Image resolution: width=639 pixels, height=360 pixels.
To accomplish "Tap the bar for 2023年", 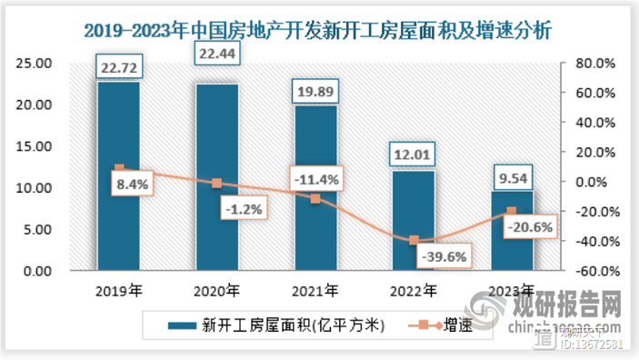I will pos(512,231).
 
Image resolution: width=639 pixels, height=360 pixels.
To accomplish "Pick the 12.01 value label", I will pos(414,155).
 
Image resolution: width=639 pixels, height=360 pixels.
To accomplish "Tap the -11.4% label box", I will pos(315,179).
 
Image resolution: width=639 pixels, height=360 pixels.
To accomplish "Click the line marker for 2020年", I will pos(217,184).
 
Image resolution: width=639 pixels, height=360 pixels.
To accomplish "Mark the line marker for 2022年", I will pos(414,241).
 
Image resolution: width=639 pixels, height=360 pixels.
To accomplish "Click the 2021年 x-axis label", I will pos(315,292).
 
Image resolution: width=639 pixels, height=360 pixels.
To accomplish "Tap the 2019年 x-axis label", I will pos(119,292).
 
